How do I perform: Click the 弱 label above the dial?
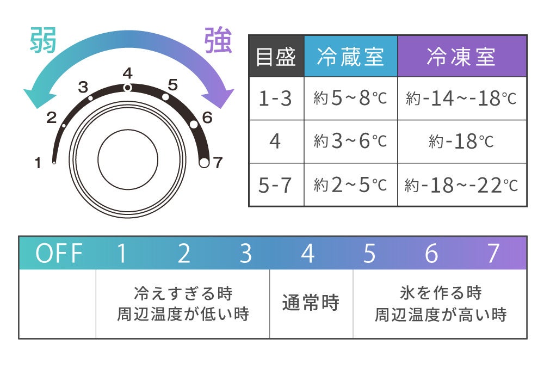point(43,41)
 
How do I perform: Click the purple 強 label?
point(218,41)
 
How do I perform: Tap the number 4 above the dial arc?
point(127,73)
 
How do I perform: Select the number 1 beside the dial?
point(38,162)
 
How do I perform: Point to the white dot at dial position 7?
point(204,163)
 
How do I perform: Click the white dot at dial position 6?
point(194,124)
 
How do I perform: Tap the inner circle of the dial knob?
point(128,159)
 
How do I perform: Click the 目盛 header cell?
point(276,57)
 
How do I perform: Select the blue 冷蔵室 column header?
point(350,57)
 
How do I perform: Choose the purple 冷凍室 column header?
point(461,57)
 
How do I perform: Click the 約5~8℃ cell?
point(350,99)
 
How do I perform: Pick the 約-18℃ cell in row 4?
point(461,142)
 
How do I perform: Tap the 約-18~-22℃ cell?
point(461,185)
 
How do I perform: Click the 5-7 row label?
point(276,185)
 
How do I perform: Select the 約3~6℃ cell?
point(350,142)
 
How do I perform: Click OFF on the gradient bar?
point(59,254)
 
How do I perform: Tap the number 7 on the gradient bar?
point(493,254)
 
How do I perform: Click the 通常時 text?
point(311,303)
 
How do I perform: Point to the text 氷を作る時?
point(440,293)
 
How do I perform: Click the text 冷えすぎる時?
point(183,293)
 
